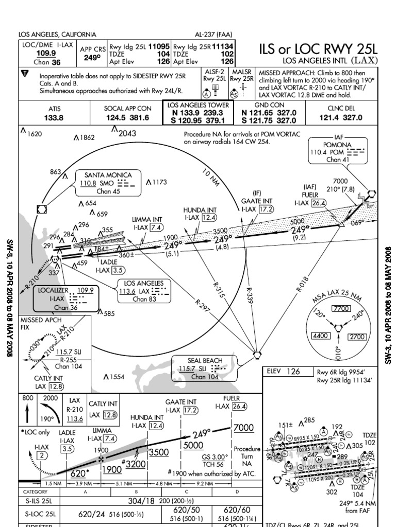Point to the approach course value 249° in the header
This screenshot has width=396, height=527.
(x=92, y=58)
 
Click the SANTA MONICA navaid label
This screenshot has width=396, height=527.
(x=108, y=175)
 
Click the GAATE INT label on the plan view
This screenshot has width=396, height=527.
(x=256, y=201)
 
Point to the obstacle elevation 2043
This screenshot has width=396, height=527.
(x=127, y=133)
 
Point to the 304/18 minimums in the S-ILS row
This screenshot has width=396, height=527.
(x=142, y=500)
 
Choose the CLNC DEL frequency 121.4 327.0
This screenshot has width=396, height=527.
(x=341, y=118)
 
